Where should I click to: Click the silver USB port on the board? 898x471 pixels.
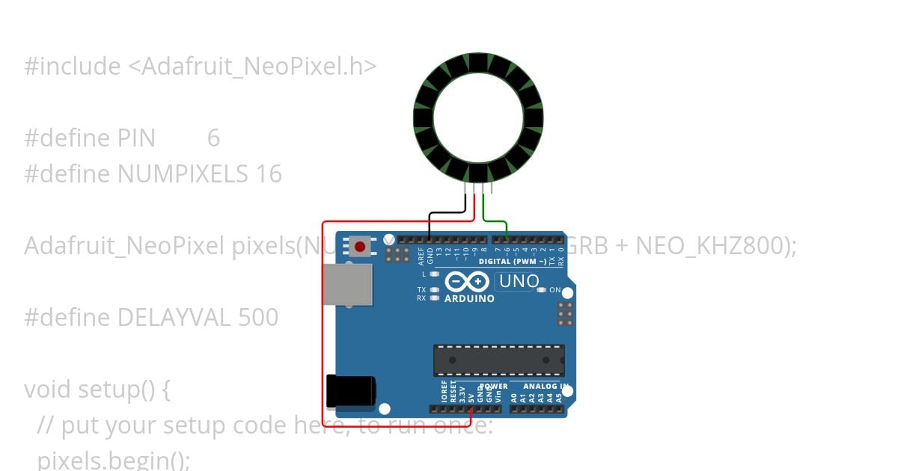pos(349,284)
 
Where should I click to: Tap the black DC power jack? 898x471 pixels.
pos(350,391)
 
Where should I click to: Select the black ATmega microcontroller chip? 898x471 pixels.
pos(499,360)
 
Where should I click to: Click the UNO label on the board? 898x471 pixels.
pos(519,282)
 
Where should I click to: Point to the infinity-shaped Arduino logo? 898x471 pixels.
pos(467,283)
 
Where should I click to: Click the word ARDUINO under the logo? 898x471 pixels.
pos(469,299)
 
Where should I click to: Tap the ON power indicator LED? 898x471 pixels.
pos(543,289)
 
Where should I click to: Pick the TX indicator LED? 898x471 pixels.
pos(435,289)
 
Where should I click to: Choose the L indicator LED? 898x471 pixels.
pos(435,274)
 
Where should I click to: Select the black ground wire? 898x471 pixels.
pos(447,214)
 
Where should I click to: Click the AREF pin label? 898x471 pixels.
pos(421,257)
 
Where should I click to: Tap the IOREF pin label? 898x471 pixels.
pos(444,394)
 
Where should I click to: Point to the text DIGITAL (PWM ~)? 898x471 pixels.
pos(507,262)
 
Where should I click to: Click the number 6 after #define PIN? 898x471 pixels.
pos(213,138)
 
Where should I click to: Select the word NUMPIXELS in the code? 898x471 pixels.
pos(183,173)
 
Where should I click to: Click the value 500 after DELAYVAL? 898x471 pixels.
pos(258,317)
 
